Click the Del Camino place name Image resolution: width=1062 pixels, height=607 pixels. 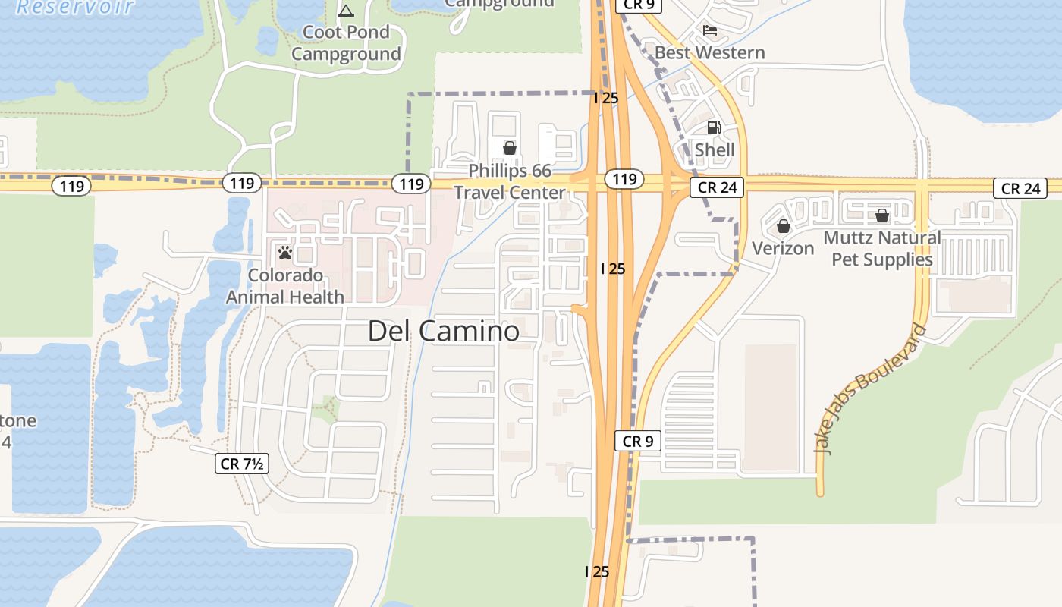(x=444, y=331)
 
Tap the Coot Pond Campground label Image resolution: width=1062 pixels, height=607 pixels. (x=346, y=43)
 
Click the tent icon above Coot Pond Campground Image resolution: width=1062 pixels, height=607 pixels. (x=346, y=11)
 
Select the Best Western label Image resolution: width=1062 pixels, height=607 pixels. (x=709, y=52)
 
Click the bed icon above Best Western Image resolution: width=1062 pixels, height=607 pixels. (x=709, y=30)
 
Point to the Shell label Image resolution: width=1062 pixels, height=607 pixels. (x=715, y=149)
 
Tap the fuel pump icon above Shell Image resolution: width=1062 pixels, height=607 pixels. (x=714, y=127)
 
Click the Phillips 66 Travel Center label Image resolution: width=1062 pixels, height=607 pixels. (x=510, y=181)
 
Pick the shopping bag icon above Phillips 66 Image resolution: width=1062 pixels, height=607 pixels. (x=510, y=148)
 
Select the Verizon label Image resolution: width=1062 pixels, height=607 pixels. (x=783, y=248)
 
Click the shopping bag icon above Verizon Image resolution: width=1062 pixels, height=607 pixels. (x=783, y=226)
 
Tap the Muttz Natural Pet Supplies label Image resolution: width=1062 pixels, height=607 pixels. (x=881, y=248)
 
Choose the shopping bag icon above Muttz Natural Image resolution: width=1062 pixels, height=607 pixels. (x=881, y=216)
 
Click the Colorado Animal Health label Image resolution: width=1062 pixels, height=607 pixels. (x=285, y=286)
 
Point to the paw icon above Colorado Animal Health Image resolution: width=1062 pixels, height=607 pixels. (x=285, y=253)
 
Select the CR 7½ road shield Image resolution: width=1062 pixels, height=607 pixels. (x=242, y=464)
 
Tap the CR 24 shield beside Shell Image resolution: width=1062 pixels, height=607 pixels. (x=716, y=187)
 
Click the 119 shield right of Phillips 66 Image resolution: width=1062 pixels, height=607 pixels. (x=624, y=179)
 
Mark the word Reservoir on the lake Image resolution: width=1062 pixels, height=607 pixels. (x=74, y=8)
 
